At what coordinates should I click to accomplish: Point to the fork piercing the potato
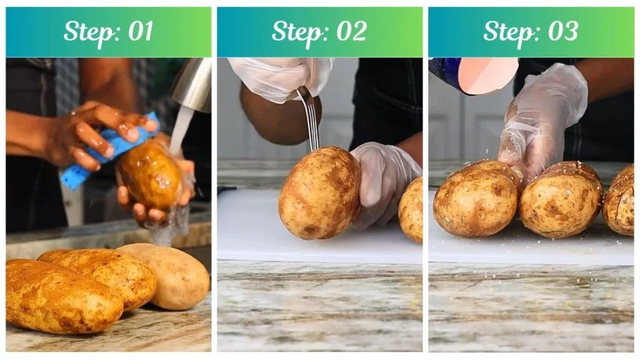309,119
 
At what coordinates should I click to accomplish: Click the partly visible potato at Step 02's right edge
412,209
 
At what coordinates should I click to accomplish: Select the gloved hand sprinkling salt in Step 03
541,119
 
